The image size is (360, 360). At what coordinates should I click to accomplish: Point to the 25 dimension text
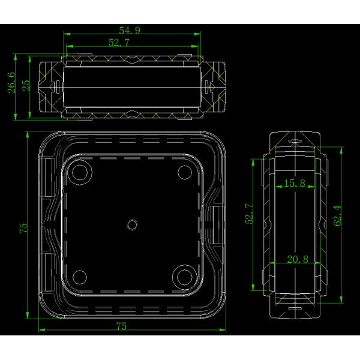(x=25, y=85)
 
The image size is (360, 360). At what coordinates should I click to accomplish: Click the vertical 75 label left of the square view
(x=23, y=229)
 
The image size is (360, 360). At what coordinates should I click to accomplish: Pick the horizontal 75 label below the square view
(x=121, y=326)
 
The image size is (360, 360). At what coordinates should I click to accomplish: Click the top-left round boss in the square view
(x=79, y=173)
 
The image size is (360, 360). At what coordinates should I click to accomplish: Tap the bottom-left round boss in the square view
(x=79, y=277)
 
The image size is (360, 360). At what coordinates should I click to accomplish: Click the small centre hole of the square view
(x=131, y=224)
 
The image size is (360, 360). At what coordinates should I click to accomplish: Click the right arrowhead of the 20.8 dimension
(x=320, y=265)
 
